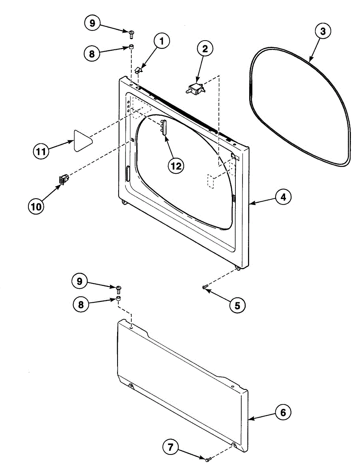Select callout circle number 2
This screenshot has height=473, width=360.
tap(205, 49)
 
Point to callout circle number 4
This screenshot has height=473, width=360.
tap(283, 197)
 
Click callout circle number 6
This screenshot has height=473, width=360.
tap(283, 413)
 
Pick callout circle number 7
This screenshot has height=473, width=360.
tap(171, 447)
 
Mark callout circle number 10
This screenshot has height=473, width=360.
tap(36, 206)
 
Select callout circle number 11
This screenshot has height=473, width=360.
tap(41, 151)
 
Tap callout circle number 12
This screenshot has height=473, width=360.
tap(175, 166)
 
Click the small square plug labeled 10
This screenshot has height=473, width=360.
tap(63, 179)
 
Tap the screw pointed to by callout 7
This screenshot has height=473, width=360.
tap(208, 459)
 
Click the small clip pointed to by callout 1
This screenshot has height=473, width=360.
tap(138, 70)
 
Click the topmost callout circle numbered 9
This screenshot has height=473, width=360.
tap(92, 23)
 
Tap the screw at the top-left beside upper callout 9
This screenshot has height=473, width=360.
tap(131, 33)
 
